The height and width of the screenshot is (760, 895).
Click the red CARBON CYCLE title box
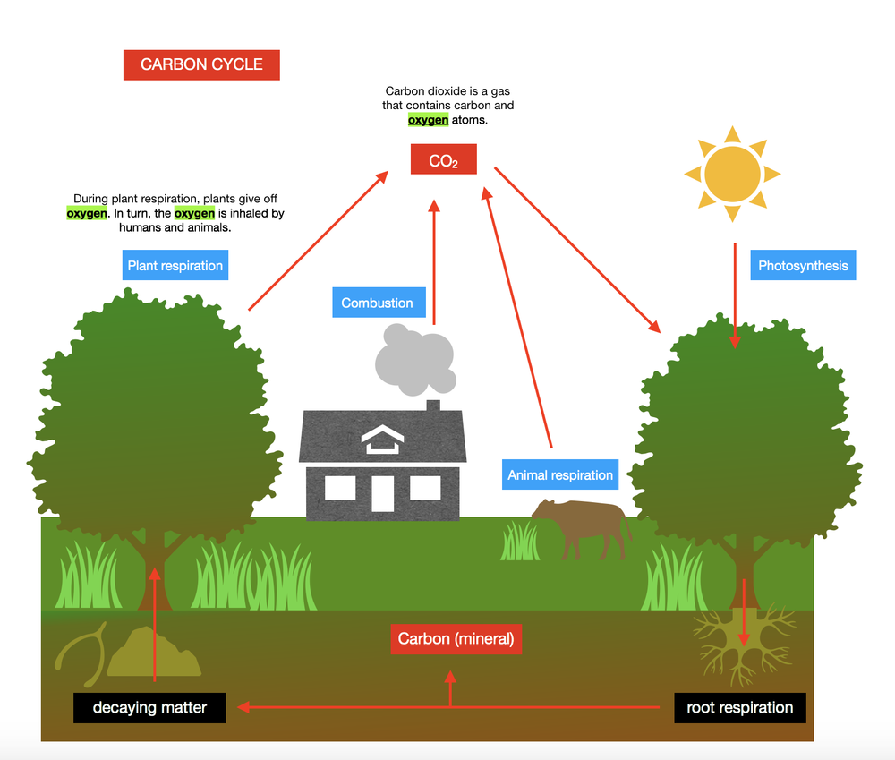tap(201, 64)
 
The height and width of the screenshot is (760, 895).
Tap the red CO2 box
tap(443, 160)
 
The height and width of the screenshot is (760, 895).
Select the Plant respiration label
tap(175, 266)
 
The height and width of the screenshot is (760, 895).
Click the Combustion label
tap(377, 303)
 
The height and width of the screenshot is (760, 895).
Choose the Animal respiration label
tap(560, 475)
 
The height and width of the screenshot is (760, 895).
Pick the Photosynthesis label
tap(803, 266)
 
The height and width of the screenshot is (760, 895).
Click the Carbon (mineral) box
tap(456, 639)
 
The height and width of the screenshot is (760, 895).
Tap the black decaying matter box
tap(149, 707)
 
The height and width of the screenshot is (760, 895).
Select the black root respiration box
tap(739, 707)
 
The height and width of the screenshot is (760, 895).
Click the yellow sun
tap(732, 174)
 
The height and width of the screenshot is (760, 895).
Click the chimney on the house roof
tap(433, 408)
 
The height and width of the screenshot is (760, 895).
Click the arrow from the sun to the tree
tap(735, 295)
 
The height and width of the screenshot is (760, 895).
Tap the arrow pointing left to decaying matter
tap(340, 707)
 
